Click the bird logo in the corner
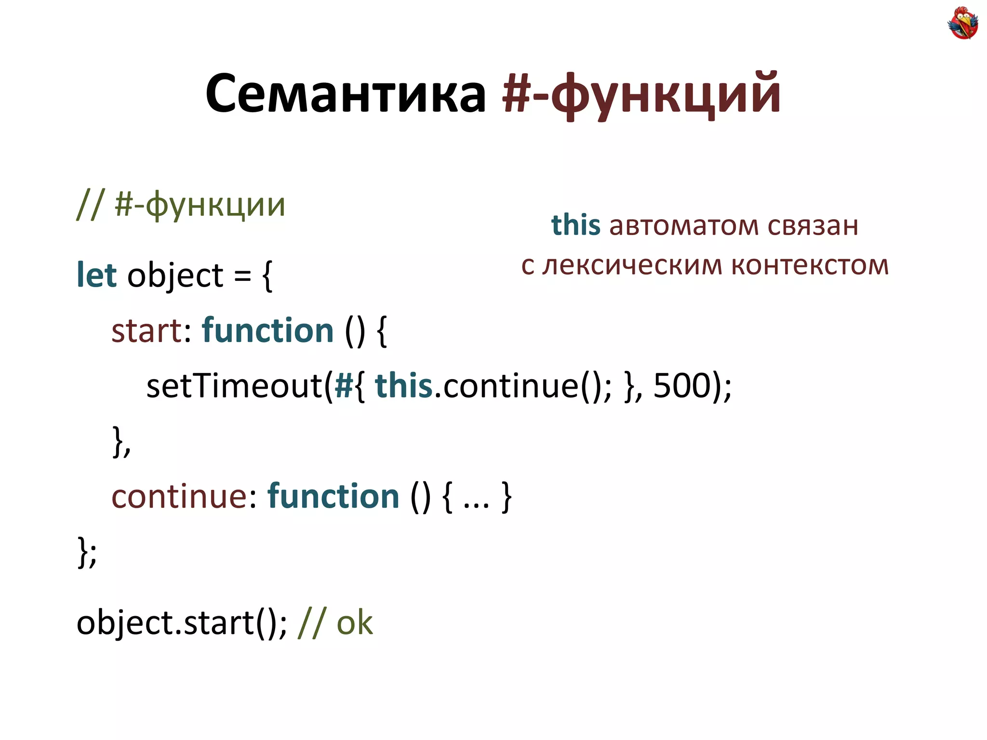[x=962, y=23]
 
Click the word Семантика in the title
[x=346, y=93]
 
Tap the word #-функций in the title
[x=641, y=93]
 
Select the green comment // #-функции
[x=181, y=205]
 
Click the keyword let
[x=96, y=275]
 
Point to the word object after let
[x=175, y=276]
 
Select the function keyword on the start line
[x=268, y=330]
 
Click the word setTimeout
[x=234, y=386]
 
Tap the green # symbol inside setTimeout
[x=344, y=386]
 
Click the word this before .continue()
[x=404, y=386]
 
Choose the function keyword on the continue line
[x=333, y=496]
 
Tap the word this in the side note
[x=575, y=225]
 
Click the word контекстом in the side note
[x=810, y=265]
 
